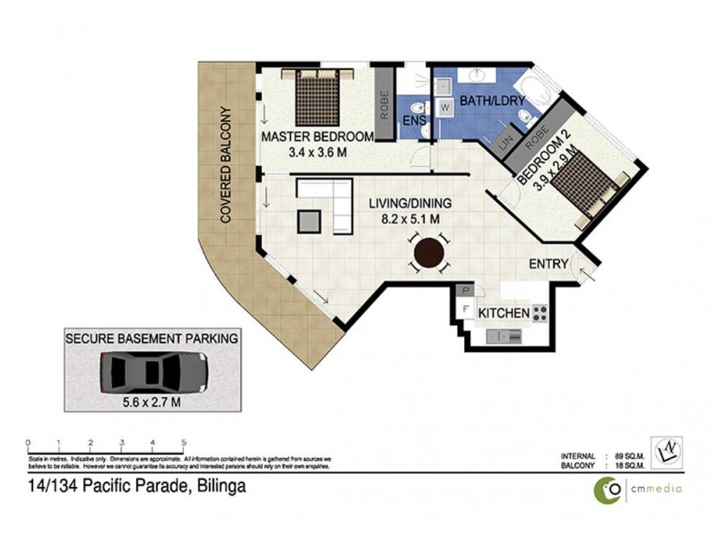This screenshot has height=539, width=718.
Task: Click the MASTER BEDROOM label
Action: [x=317, y=137]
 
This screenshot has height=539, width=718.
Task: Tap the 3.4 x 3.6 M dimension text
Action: [x=317, y=153]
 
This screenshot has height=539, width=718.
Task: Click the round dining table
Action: [x=429, y=252]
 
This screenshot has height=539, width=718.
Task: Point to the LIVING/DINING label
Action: [x=411, y=203]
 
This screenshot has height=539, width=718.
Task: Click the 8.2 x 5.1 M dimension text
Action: [x=411, y=218]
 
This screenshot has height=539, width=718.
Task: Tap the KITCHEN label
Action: [x=503, y=314]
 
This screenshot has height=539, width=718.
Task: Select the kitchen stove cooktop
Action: [x=540, y=314]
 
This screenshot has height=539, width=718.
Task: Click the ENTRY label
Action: [x=549, y=264]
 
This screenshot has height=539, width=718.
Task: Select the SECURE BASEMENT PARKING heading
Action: [x=151, y=339]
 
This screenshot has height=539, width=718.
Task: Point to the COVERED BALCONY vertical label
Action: [x=225, y=165]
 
